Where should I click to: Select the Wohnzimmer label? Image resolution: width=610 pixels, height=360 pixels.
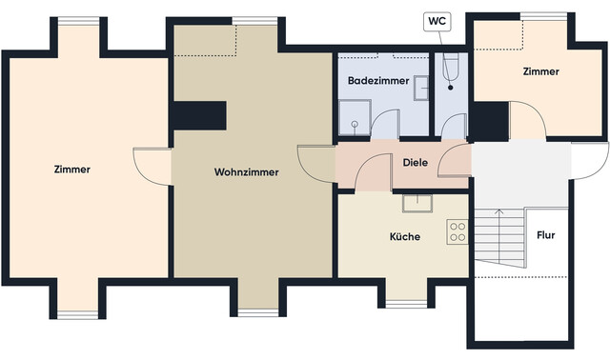point(246,172)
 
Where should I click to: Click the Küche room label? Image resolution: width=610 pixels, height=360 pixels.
point(404,236)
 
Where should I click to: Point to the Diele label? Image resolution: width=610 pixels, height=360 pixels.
point(416,162)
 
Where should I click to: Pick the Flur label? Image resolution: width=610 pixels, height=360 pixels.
point(546,234)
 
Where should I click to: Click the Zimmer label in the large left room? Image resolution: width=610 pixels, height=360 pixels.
point(72,170)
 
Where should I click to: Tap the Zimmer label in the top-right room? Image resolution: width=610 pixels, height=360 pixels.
point(540,71)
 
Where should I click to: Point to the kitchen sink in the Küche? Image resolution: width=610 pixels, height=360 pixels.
point(417,202)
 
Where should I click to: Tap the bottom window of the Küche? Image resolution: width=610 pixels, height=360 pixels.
point(404,304)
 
